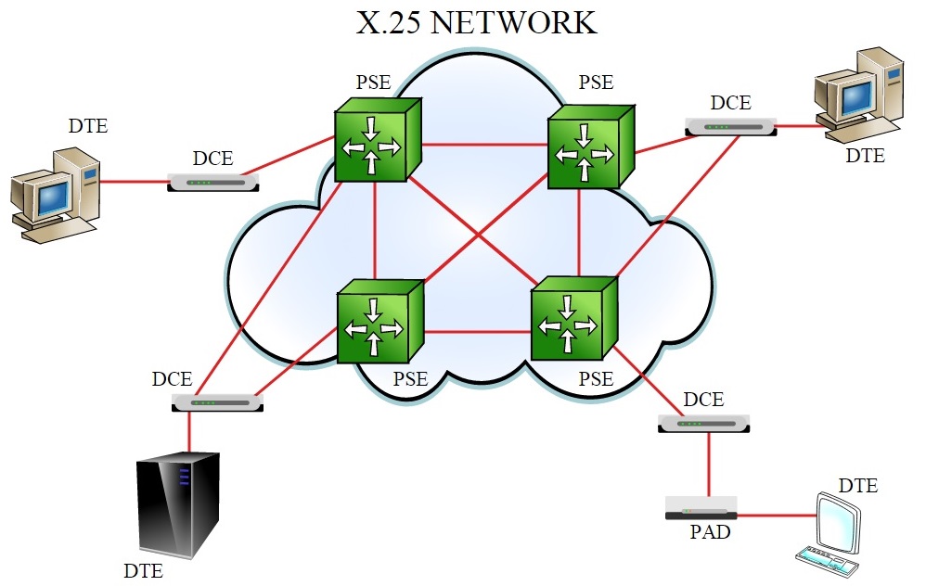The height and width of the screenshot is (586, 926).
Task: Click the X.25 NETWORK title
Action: pos(477,21)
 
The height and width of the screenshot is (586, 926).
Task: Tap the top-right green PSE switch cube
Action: pos(589,146)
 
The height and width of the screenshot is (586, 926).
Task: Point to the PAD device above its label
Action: pos(701,508)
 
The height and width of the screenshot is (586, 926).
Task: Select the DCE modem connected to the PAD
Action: pos(703,423)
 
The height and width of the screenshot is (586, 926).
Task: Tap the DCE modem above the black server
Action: pos(218,402)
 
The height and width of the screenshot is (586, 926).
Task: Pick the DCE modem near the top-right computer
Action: pos(731,126)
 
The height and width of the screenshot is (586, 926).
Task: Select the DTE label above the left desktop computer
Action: pos(88,126)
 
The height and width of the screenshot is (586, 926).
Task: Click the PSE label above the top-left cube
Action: pos(373,82)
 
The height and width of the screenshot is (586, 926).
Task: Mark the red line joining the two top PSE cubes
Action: pos(485,145)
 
